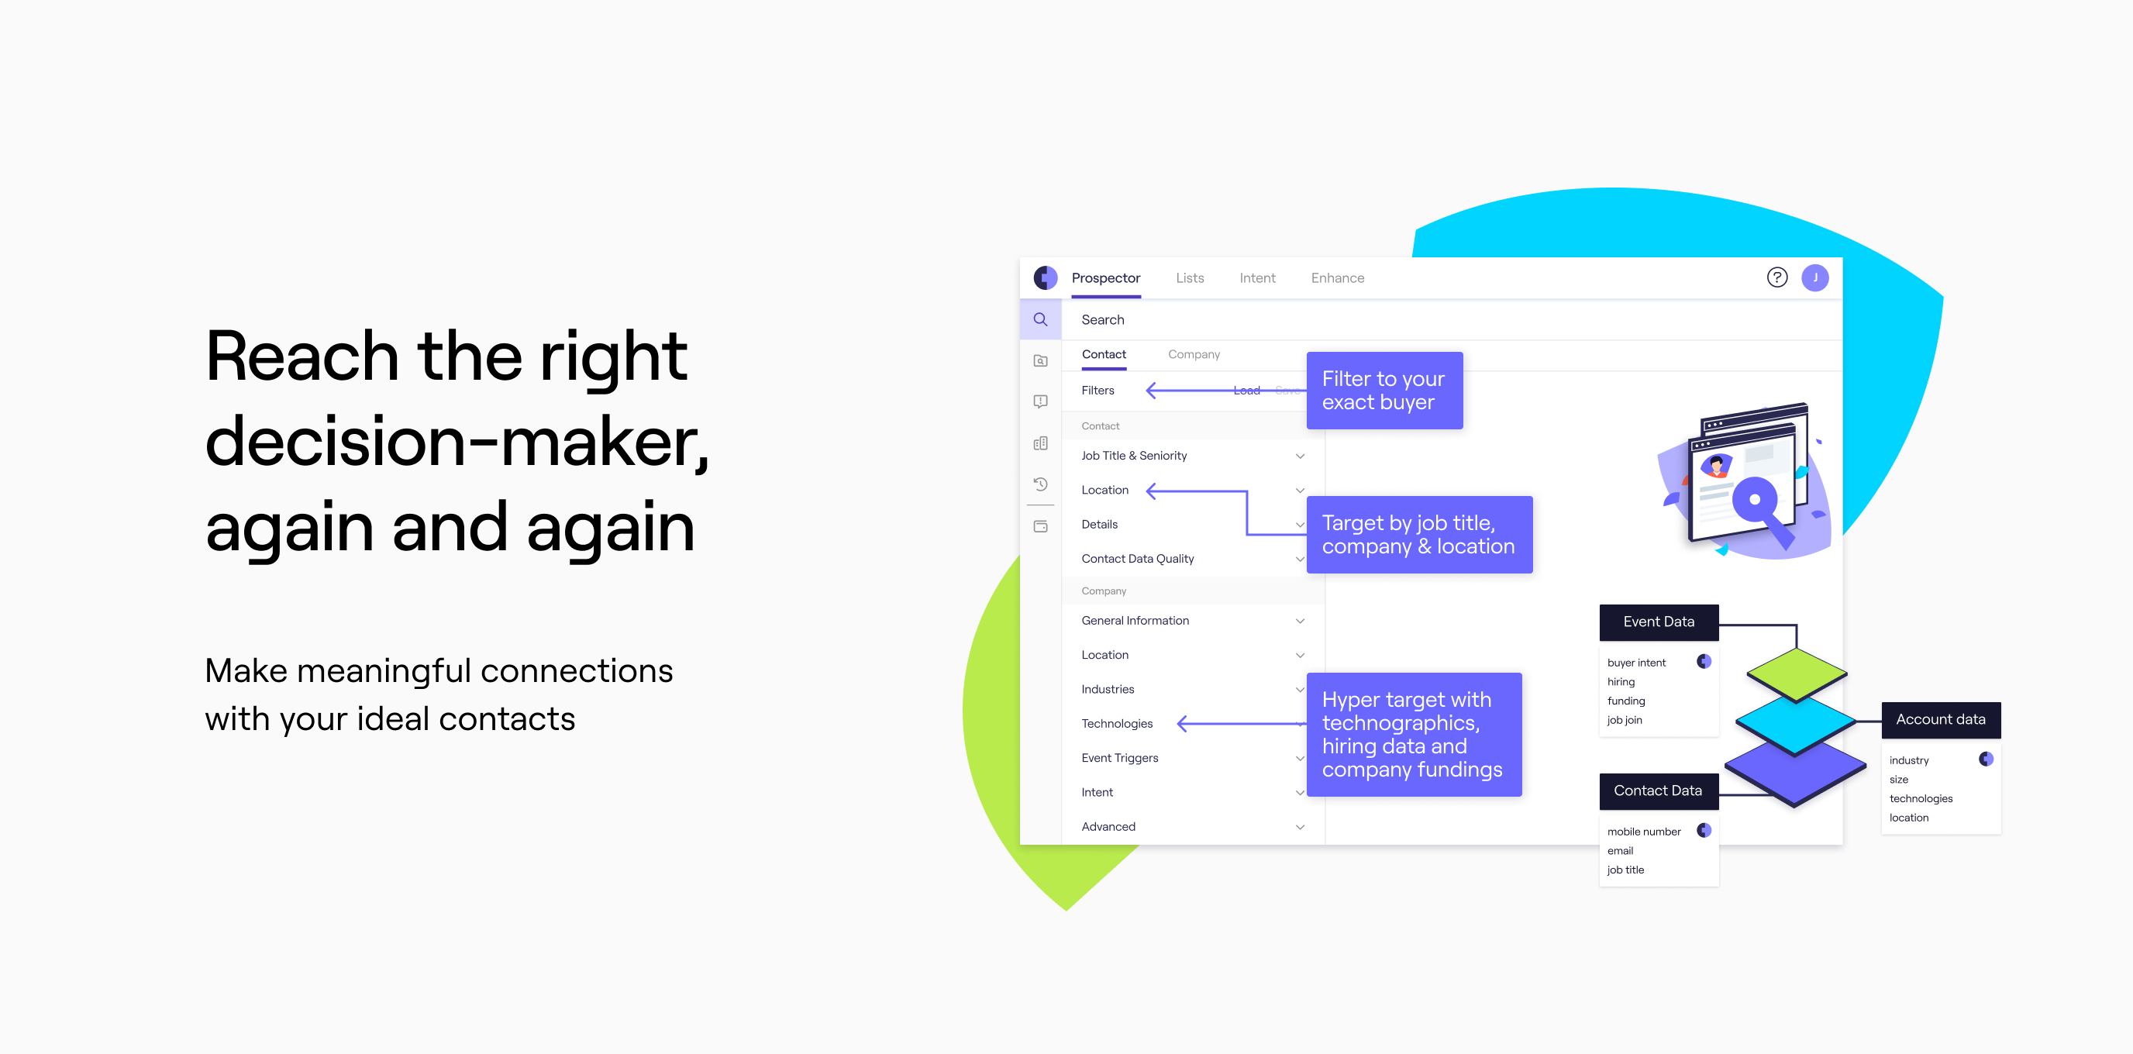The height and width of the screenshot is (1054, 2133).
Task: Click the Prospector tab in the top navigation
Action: click(x=1105, y=278)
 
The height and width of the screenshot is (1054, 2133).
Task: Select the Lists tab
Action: click(x=1190, y=278)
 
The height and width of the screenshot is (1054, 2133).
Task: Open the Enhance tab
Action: click(x=1337, y=278)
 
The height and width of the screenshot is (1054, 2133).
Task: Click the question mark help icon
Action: click(x=1777, y=277)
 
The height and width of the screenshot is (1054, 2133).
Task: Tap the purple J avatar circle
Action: click(x=1815, y=277)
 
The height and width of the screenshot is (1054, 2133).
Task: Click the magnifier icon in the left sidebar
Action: click(x=1041, y=319)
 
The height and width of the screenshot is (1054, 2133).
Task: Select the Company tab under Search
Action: click(x=1193, y=354)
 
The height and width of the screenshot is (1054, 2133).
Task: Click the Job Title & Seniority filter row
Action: click(x=1134, y=456)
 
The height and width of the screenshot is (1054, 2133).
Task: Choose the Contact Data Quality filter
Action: click(x=1137, y=559)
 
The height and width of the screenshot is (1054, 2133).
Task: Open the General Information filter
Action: click(x=1135, y=620)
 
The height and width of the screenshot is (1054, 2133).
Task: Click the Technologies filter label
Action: click(x=1116, y=724)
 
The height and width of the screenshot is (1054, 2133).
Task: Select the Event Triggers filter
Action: click(x=1119, y=758)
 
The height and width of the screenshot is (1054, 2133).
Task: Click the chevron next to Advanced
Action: click(x=1300, y=826)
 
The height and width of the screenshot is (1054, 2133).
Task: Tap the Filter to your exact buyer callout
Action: click(x=1384, y=390)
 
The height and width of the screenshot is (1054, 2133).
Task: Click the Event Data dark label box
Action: click(x=1659, y=622)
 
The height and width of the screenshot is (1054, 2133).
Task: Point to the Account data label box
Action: click(x=1940, y=719)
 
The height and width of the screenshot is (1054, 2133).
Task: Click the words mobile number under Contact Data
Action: click(x=1644, y=832)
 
